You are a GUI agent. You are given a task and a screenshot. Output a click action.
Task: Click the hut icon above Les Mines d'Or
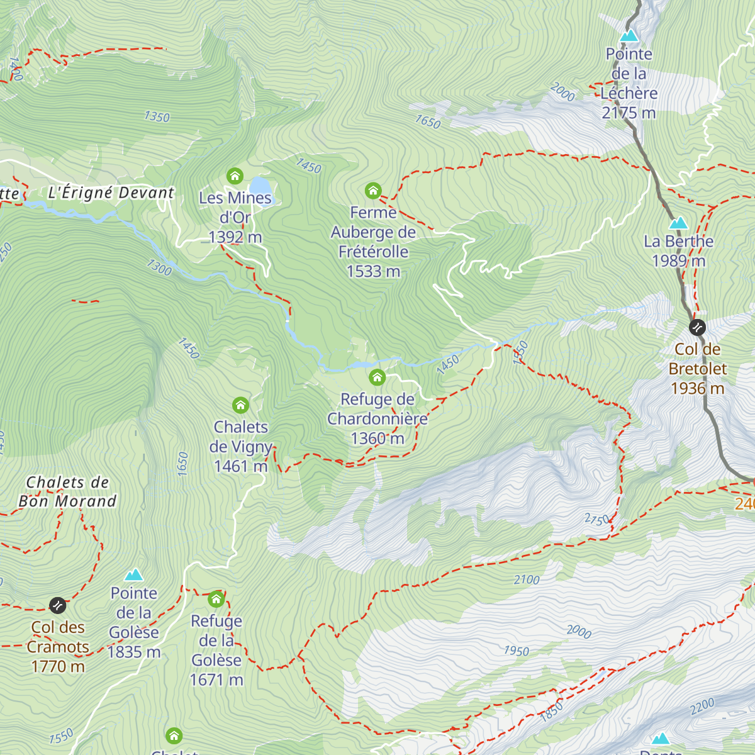pyautogui.click(x=235, y=176)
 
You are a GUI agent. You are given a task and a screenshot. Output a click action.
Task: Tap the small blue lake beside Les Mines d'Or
pyautogui.click(x=260, y=186)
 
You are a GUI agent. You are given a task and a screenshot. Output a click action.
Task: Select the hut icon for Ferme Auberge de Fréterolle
pyautogui.click(x=373, y=190)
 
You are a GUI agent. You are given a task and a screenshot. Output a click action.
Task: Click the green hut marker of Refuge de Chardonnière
pyautogui.click(x=377, y=377)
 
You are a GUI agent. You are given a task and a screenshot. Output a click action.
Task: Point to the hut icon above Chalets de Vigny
pyautogui.click(x=240, y=405)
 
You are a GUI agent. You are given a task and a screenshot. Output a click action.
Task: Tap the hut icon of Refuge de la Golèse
pyautogui.click(x=216, y=598)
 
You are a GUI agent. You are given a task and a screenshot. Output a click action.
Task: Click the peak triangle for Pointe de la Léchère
pyautogui.click(x=629, y=36)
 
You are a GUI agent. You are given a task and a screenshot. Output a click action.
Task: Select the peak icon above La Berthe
pyautogui.click(x=678, y=223)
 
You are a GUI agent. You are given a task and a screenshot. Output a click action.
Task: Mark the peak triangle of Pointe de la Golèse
pyautogui.click(x=133, y=574)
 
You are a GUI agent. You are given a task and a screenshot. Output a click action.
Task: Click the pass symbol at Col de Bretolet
pyautogui.click(x=697, y=327)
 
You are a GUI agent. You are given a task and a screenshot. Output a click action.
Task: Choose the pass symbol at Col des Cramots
pyautogui.click(x=57, y=605)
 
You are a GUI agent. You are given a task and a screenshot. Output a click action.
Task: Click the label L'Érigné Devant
pyautogui.click(x=111, y=193)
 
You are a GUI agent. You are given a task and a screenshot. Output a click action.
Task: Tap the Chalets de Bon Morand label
pyautogui.click(x=67, y=492)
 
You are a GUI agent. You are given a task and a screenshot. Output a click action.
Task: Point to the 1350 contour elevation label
pyautogui.click(x=157, y=116)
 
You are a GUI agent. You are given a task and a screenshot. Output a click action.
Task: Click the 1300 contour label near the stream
pyautogui.click(x=159, y=267)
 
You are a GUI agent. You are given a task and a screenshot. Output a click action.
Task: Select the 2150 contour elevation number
pyautogui.click(x=597, y=519)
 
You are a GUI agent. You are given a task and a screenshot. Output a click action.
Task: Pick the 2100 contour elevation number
pyautogui.click(x=527, y=579)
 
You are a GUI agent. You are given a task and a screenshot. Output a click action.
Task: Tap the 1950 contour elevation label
pyautogui.click(x=516, y=651)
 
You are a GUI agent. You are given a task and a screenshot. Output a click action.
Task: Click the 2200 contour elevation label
pyautogui.click(x=702, y=706)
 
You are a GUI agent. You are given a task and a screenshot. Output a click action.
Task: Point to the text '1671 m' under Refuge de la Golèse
pyautogui.click(x=216, y=680)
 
